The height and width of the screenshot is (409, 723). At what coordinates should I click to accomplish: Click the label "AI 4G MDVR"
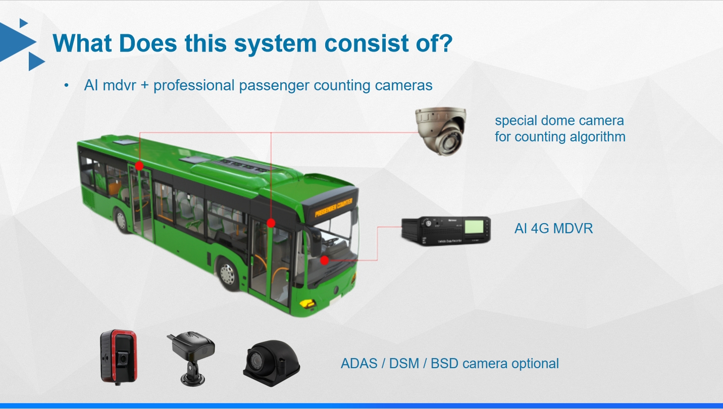coord(553,229)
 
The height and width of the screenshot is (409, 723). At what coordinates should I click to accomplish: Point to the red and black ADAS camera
coord(119,356)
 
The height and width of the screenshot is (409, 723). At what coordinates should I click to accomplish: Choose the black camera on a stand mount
coord(190,356)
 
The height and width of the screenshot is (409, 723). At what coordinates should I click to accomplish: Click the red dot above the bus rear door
coord(139,166)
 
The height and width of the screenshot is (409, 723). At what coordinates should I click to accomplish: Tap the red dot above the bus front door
coord(271,223)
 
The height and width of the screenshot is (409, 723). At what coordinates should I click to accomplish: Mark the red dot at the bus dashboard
coord(325,261)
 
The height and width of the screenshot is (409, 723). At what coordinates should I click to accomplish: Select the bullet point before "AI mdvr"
coord(66,85)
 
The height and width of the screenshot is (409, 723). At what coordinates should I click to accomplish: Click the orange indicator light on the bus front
coord(306,303)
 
